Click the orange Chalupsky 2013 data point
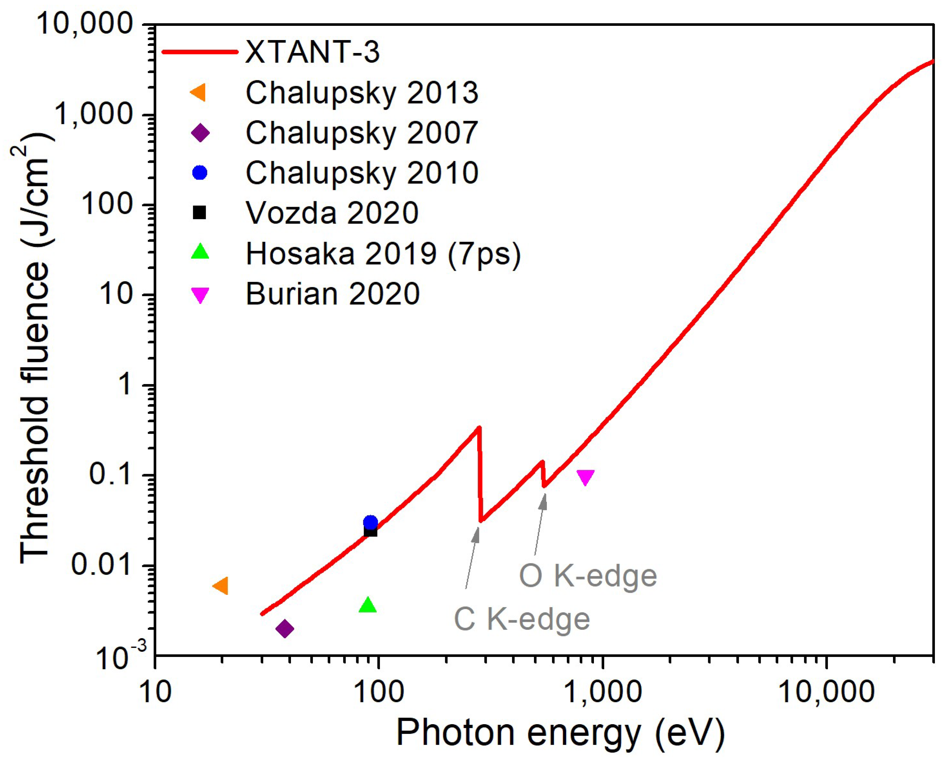[221, 586]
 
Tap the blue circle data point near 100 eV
[370, 522]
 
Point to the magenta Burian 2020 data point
[585, 477]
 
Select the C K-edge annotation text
[522, 619]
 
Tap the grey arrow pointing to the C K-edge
[472, 558]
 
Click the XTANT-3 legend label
[312, 52]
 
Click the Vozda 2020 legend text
[332, 213]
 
